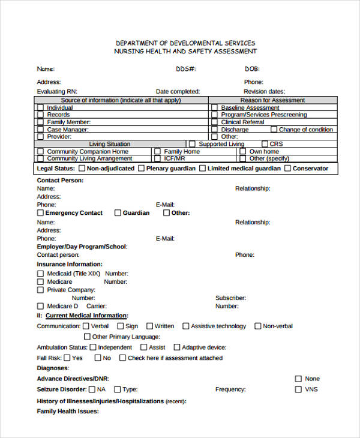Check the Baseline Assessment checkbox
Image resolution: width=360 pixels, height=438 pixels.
[x=214, y=108]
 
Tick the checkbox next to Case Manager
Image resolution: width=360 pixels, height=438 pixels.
[x=40, y=130]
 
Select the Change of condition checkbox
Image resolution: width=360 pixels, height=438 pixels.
[x=274, y=130]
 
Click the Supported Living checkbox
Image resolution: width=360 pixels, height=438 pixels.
[x=192, y=144]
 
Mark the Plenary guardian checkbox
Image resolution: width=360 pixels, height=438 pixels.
[x=141, y=169]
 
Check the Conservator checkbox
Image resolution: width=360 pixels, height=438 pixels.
[x=287, y=169]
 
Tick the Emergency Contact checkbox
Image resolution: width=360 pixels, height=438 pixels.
[x=40, y=213]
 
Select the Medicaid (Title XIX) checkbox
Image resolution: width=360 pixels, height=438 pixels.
[x=40, y=274]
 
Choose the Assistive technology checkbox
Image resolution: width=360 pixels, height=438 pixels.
[x=185, y=326]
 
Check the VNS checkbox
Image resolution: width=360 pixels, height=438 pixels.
[x=298, y=389]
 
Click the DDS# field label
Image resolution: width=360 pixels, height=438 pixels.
[x=185, y=69]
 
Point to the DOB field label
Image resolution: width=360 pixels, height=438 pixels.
[x=251, y=69]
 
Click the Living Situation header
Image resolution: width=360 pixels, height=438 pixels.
[x=110, y=144]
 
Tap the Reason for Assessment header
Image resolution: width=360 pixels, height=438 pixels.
[x=272, y=100]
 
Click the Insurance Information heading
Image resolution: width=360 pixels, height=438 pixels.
[x=70, y=264]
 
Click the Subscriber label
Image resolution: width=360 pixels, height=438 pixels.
[x=231, y=298]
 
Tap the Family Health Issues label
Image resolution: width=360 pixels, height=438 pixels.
[x=68, y=412]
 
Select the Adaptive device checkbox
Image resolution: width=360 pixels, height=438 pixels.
[x=176, y=347]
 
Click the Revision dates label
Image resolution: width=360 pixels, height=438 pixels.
[x=264, y=91]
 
